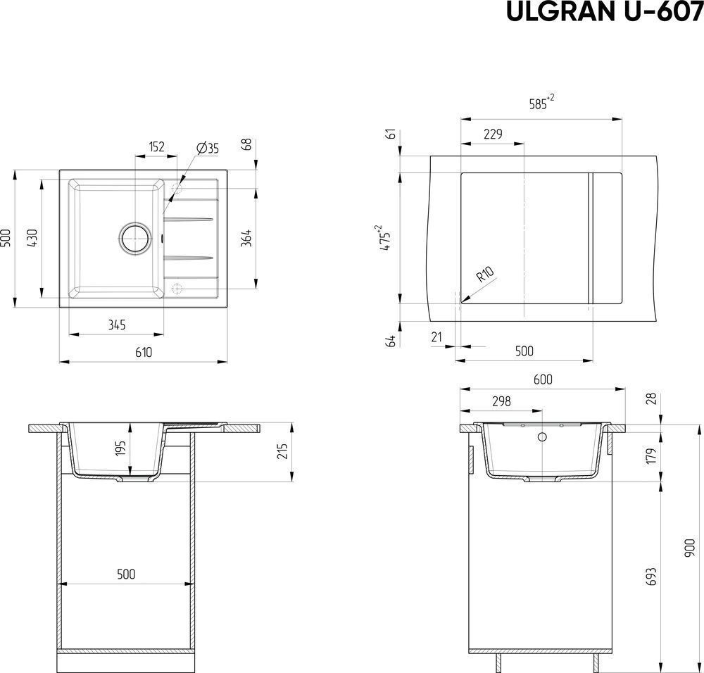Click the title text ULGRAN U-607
pyautogui.click(x=605, y=11)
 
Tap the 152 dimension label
pyautogui.click(x=157, y=146)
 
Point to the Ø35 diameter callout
pyautogui.click(x=208, y=148)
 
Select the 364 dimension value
pyautogui.click(x=246, y=238)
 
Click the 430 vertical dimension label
pyautogui.click(x=33, y=237)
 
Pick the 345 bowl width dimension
pyautogui.click(x=117, y=325)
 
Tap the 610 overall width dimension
pyautogui.click(x=144, y=352)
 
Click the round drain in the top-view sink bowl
pyautogui.click(x=134, y=237)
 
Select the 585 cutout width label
pyautogui.click(x=541, y=102)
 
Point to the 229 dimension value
pyautogui.click(x=493, y=134)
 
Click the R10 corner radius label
pyautogui.click(x=484, y=274)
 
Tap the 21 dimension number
pyautogui.click(x=436, y=336)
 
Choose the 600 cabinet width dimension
pyautogui.click(x=543, y=379)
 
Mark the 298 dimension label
pyautogui.click(x=501, y=401)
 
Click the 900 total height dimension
pyautogui.click(x=689, y=548)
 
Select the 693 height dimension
pyautogui.click(x=651, y=577)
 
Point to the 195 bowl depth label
pyautogui.click(x=121, y=448)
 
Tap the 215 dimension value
pyautogui.click(x=282, y=451)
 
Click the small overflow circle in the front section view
pyautogui.click(x=542, y=436)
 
